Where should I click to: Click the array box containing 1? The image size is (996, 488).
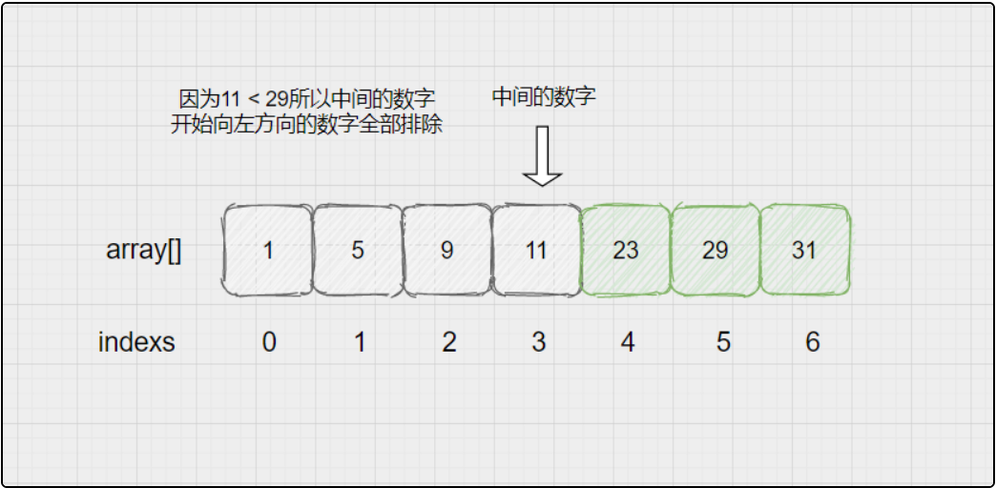(268, 250)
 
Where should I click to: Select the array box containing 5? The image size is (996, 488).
(358, 250)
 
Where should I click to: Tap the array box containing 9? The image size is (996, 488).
(447, 250)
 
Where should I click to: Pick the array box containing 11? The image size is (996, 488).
(537, 250)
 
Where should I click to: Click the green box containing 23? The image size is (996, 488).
(626, 250)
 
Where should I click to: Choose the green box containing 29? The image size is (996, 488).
(716, 250)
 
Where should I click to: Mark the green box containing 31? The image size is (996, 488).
(804, 250)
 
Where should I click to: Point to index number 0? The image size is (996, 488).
(269, 342)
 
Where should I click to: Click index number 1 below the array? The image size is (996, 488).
(360, 342)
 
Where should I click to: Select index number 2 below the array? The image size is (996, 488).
(449, 342)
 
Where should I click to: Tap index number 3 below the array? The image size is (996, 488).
(539, 342)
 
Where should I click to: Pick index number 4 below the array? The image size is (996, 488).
(628, 342)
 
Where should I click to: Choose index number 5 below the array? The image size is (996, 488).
(723, 342)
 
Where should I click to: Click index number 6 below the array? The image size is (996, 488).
(813, 342)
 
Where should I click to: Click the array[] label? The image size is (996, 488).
(144, 252)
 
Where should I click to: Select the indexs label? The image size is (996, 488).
(136, 342)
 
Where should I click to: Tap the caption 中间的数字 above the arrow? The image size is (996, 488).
(544, 96)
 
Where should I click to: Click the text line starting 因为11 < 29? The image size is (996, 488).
(307, 99)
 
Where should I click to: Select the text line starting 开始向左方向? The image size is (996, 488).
(306, 125)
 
